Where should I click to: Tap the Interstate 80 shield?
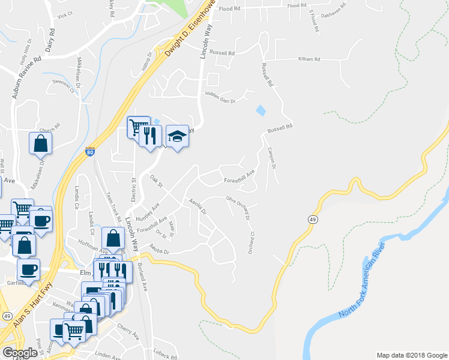click(x=89, y=153)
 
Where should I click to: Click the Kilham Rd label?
click(x=310, y=59)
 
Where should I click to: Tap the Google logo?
click(x=20, y=352)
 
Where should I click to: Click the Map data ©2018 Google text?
click(x=411, y=355)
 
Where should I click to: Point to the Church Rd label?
click(x=50, y=128)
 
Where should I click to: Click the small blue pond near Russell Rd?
click(x=261, y=111)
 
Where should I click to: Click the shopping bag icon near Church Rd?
click(x=40, y=143)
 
